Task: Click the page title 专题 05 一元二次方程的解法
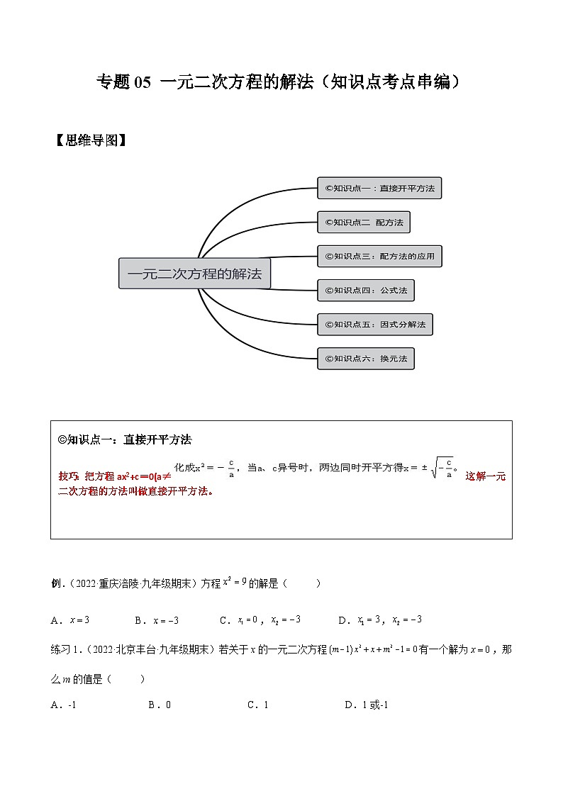(281, 82)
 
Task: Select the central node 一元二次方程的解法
(194, 274)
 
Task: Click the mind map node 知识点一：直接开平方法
(379, 189)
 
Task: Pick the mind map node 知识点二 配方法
(363, 223)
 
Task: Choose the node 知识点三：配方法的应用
(379, 256)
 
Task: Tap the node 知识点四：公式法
(365, 290)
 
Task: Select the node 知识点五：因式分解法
(374, 325)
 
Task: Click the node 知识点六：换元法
(365, 359)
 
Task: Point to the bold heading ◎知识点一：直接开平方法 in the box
(125, 439)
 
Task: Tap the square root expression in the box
(443, 469)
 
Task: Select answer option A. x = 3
(70, 620)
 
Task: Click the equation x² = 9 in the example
(234, 582)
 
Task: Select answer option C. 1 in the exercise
(257, 705)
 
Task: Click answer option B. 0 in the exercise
(160, 705)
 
